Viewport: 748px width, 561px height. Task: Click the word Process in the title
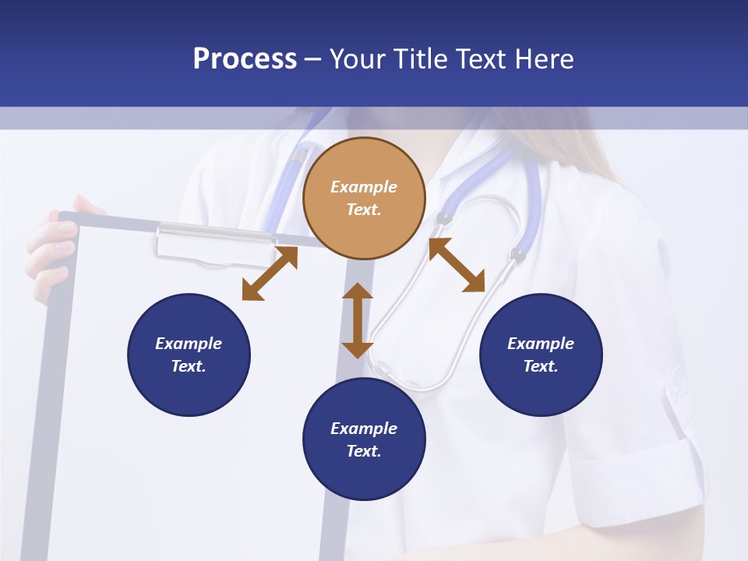[245, 59]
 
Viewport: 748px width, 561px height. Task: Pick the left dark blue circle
[189, 355]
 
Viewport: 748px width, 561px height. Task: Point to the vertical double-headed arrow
[358, 320]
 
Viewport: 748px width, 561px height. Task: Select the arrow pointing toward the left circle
[270, 273]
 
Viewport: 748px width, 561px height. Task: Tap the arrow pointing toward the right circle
[457, 266]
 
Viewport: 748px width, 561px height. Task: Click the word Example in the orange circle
[364, 187]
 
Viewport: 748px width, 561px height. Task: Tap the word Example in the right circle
[541, 344]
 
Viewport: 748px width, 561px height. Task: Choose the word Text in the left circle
[188, 366]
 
